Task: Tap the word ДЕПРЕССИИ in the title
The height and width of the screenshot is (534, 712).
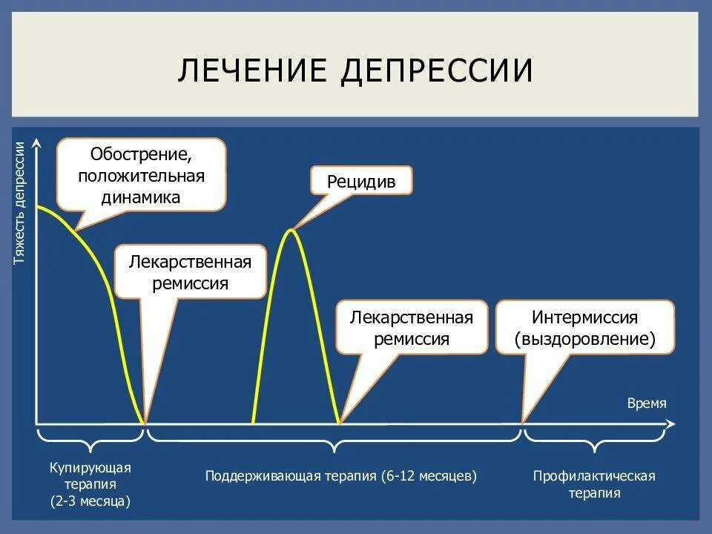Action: click(438, 70)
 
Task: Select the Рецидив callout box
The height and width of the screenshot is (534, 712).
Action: click(360, 180)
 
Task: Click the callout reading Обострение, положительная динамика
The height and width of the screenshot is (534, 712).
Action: click(141, 176)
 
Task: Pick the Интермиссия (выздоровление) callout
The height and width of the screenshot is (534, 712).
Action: click(585, 328)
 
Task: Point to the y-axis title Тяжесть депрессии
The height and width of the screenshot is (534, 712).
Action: click(20, 202)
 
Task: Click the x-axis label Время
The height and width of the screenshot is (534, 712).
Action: click(647, 403)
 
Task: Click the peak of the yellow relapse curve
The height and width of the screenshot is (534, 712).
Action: click(293, 231)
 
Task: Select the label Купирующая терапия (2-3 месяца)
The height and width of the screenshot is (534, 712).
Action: click(90, 484)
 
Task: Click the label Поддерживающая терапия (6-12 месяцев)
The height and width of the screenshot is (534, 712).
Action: click(340, 475)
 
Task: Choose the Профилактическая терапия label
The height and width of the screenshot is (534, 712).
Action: click(594, 484)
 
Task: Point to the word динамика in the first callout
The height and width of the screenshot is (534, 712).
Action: click(141, 197)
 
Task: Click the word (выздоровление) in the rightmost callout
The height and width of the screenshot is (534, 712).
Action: click(585, 339)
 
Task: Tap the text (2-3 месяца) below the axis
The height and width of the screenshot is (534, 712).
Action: click(90, 501)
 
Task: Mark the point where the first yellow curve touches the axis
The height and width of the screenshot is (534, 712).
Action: click(144, 423)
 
